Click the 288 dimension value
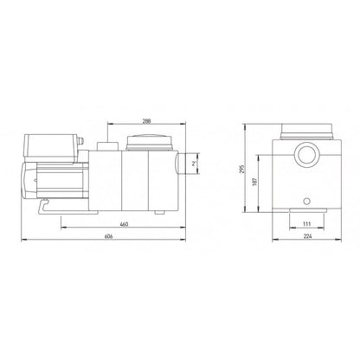pyautogui.click(x=146, y=121)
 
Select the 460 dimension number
pyautogui.click(x=124, y=224)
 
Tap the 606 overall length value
pyautogui.click(x=108, y=236)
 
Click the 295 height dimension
pyautogui.click(x=241, y=169)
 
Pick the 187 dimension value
pyautogui.click(x=254, y=182)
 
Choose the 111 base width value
pyautogui.click(x=306, y=224)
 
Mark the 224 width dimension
pyautogui.click(x=308, y=236)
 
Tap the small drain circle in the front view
pyautogui.click(x=307, y=202)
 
